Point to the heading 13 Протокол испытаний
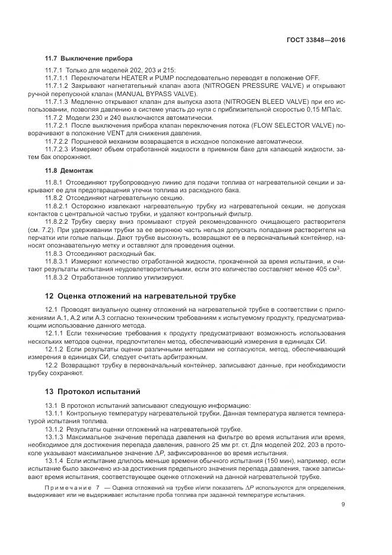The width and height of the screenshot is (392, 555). [99, 391]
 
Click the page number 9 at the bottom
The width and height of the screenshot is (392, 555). [343, 505]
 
